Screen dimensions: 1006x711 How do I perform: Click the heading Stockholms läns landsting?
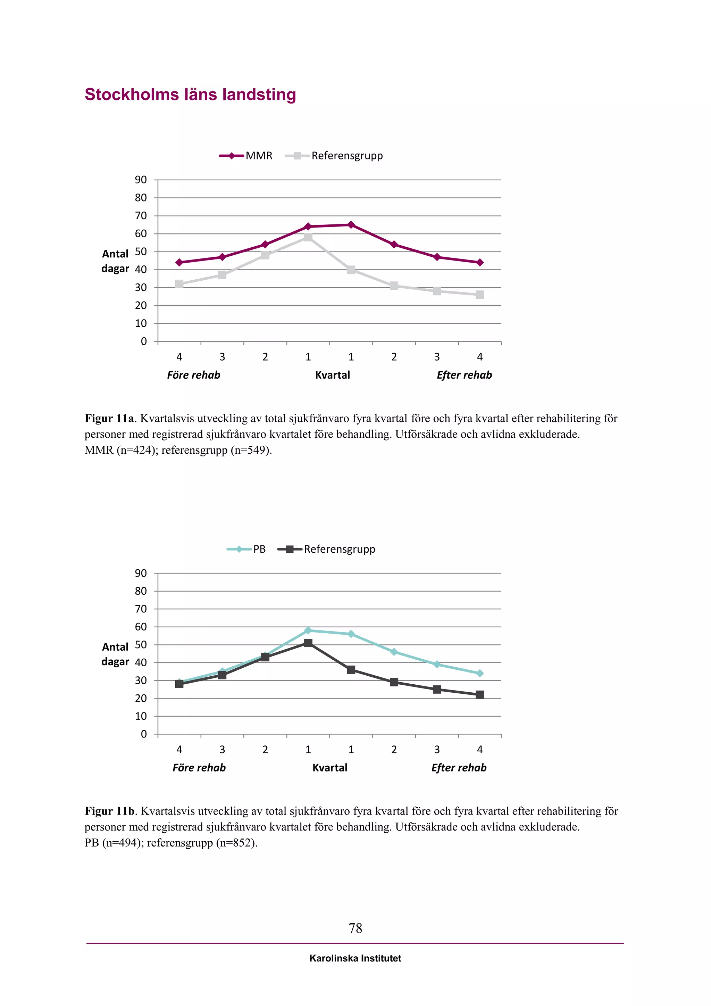pyautogui.click(x=191, y=94)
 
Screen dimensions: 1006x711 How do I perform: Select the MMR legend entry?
pyautogui.click(x=245, y=156)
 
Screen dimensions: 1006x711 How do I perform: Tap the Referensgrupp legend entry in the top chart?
pyautogui.click(x=334, y=156)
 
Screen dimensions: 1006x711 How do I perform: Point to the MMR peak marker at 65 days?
pyautogui.click(x=351, y=225)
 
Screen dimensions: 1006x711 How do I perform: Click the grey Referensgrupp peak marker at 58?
pyautogui.click(x=308, y=238)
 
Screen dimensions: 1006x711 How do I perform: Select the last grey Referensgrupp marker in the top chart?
pyautogui.click(x=480, y=295)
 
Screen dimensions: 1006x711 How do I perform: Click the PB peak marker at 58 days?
pyautogui.click(x=308, y=630)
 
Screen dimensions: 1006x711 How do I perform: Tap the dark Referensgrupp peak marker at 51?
pyautogui.click(x=308, y=643)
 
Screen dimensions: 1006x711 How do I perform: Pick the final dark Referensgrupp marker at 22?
pyautogui.click(x=480, y=695)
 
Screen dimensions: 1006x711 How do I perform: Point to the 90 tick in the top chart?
pyautogui.click(x=141, y=180)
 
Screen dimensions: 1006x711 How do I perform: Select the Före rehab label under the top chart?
pyautogui.click(x=193, y=375)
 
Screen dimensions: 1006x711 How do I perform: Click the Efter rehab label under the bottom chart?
pyautogui.click(x=459, y=768)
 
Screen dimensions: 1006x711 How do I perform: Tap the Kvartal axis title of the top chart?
pyautogui.click(x=333, y=375)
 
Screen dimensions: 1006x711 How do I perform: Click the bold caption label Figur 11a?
pyautogui.click(x=109, y=419)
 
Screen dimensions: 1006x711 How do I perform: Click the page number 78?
pyautogui.click(x=355, y=928)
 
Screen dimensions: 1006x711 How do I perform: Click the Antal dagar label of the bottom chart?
pyautogui.click(x=116, y=654)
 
